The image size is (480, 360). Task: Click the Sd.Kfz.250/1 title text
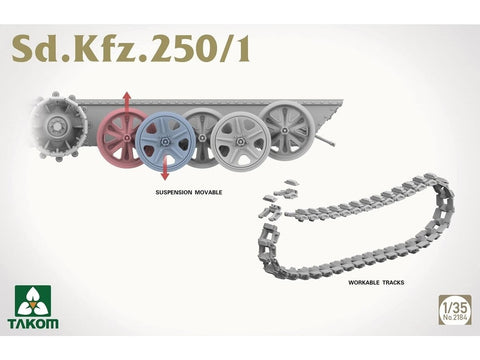128,48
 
